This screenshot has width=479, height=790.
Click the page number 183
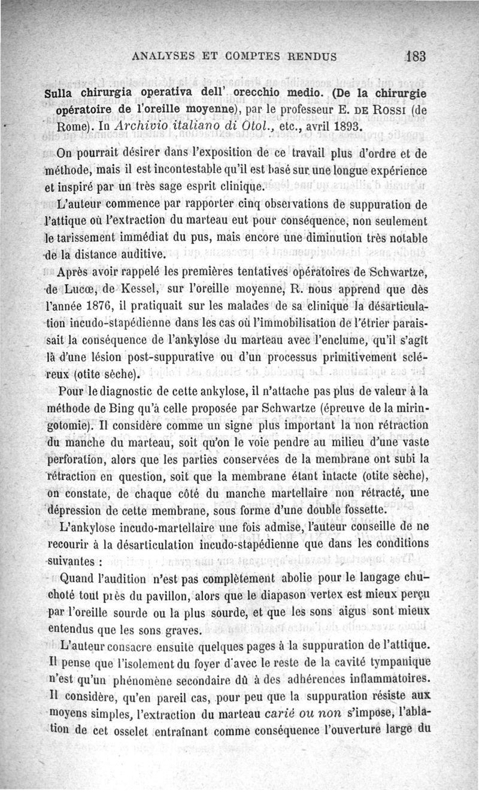(x=414, y=56)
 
